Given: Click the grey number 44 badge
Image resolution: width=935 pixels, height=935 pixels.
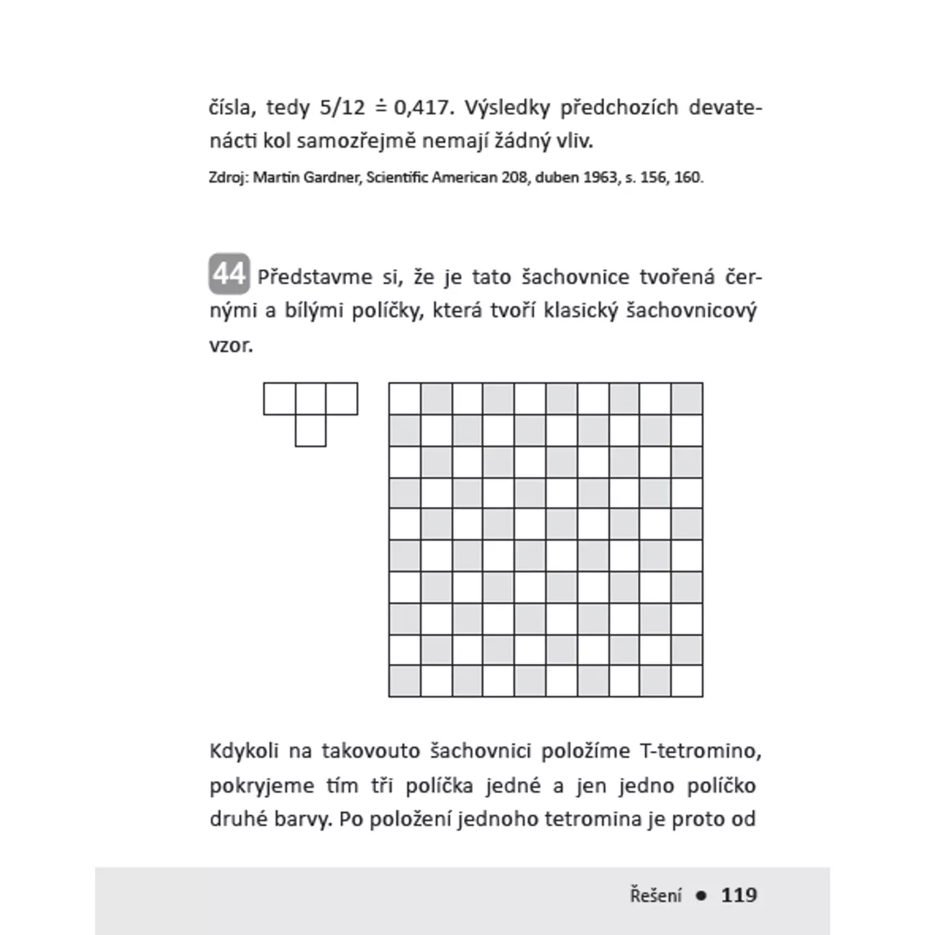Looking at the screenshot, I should click(229, 274).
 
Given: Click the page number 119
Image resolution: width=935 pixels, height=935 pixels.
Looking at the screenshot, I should click(739, 895).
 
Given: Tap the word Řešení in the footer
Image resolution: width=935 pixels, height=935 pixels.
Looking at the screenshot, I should click(655, 895).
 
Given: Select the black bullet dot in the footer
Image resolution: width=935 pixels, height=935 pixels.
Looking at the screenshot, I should click(701, 895).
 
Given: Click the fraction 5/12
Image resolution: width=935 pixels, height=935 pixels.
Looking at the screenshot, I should click(342, 108).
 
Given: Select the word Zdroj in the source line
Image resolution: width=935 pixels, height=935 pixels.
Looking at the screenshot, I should click(227, 177).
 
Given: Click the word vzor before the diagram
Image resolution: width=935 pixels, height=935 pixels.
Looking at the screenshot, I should click(231, 345).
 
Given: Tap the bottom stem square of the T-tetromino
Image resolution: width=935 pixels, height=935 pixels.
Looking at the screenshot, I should click(311, 430).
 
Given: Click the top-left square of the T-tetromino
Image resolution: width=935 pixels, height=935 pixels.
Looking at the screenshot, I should click(279, 399).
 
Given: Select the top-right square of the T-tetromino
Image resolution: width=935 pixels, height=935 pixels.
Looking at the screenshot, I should click(342, 399).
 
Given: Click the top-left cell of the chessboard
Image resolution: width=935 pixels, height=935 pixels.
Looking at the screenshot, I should click(404, 398).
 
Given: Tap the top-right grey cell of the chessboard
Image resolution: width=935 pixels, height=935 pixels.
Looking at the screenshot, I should click(687, 398).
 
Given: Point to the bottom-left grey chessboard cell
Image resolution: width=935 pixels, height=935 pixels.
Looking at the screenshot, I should click(404, 681).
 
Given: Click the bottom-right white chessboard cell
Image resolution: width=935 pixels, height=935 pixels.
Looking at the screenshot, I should click(687, 681).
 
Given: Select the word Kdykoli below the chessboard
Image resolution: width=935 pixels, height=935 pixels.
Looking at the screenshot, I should click(244, 751).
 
